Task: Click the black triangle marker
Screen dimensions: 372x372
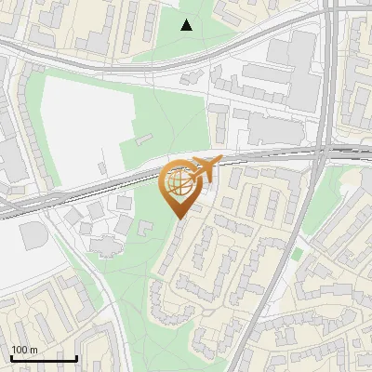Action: (x=187, y=25)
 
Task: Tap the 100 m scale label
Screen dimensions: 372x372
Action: (x=24, y=350)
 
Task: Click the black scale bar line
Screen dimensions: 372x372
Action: (x=44, y=357)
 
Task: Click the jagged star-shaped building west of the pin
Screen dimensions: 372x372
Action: (x=105, y=245)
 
